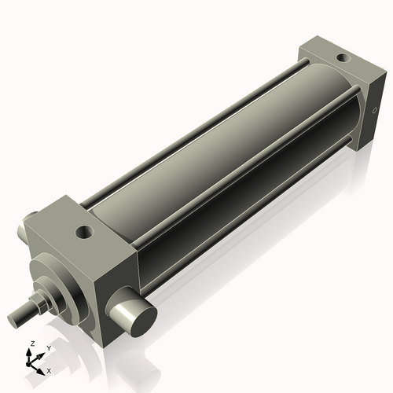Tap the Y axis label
pos(48,347)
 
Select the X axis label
pos(50,369)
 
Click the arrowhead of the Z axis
pos(31,351)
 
